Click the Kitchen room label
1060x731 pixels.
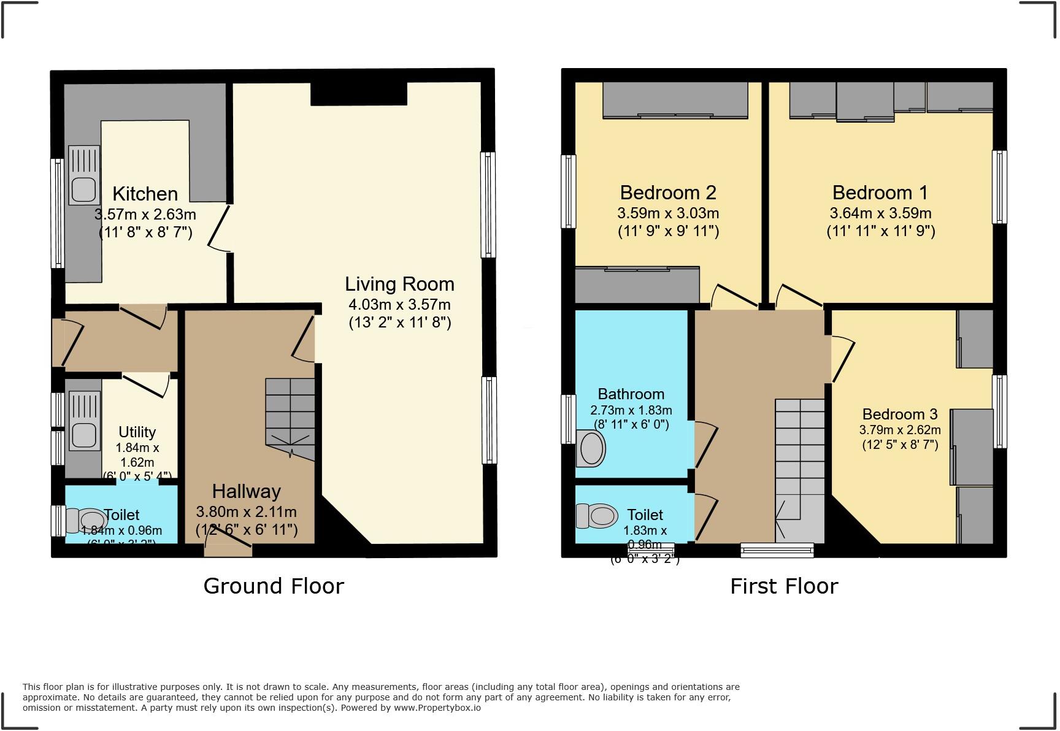click(x=145, y=194)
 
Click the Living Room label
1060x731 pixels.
click(x=399, y=284)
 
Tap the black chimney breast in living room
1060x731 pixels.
click(x=358, y=94)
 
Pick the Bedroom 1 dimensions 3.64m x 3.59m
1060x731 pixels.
click(x=880, y=213)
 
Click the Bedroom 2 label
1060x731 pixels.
click(x=668, y=193)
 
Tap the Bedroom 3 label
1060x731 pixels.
click(x=900, y=414)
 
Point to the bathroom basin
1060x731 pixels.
click(x=591, y=449)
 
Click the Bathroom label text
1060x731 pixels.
click(x=631, y=394)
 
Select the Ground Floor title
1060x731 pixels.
click(x=274, y=586)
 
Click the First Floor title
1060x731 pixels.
click(x=784, y=586)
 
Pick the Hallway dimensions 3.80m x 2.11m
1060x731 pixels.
click(x=246, y=511)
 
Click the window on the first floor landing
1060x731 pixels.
click(x=777, y=550)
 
